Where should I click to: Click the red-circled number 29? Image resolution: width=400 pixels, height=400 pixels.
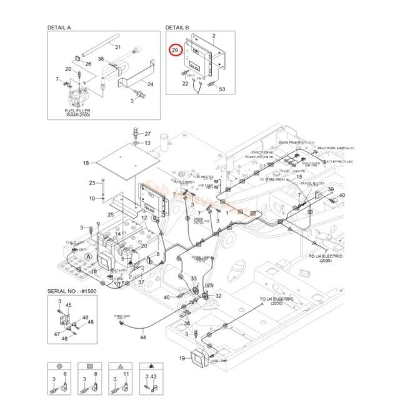click(x=175, y=49)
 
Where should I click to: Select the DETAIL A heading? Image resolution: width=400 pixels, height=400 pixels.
click(x=60, y=28)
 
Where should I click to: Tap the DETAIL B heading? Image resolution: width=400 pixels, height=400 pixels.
click(x=177, y=28)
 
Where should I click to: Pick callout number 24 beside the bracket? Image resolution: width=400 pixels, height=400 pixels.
click(x=150, y=83)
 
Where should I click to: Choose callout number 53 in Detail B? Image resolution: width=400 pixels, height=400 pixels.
click(x=221, y=89)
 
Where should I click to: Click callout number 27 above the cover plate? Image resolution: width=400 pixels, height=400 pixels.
click(x=148, y=134)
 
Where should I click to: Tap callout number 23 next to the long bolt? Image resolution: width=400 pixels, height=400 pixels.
click(x=92, y=183)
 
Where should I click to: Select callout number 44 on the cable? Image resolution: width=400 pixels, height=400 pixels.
click(x=142, y=337)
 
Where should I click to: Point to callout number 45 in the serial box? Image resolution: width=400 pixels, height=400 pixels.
click(x=69, y=305)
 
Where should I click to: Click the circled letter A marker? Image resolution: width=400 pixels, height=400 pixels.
click(x=88, y=257)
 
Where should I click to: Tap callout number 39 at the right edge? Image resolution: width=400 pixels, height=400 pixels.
click(x=331, y=189)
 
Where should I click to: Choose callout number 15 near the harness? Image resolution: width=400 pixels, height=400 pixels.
click(x=299, y=177)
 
